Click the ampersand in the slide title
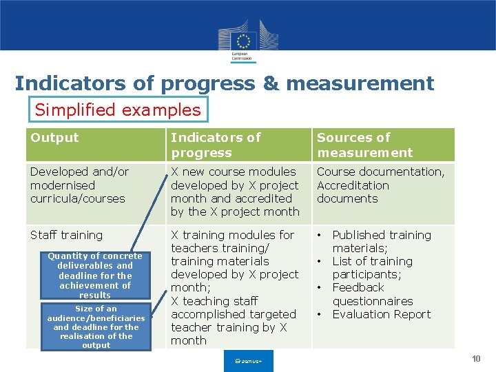[x=269, y=83]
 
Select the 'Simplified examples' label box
[x=118, y=110]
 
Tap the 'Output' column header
[x=55, y=138]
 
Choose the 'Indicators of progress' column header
[x=216, y=145]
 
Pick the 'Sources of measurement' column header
[x=364, y=145]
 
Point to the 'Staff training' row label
[x=66, y=235]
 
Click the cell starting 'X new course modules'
[x=235, y=192]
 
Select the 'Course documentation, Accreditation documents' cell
[x=380, y=185]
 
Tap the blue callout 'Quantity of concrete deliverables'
[x=95, y=276]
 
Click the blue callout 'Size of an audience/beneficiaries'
[x=96, y=327]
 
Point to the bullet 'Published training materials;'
[x=381, y=241]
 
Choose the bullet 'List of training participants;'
[x=372, y=268]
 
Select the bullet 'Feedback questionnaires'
[x=372, y=294]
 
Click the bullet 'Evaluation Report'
[x=381, y=314]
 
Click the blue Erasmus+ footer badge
[x=249, y=361]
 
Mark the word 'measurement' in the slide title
[x=360, y=83]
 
